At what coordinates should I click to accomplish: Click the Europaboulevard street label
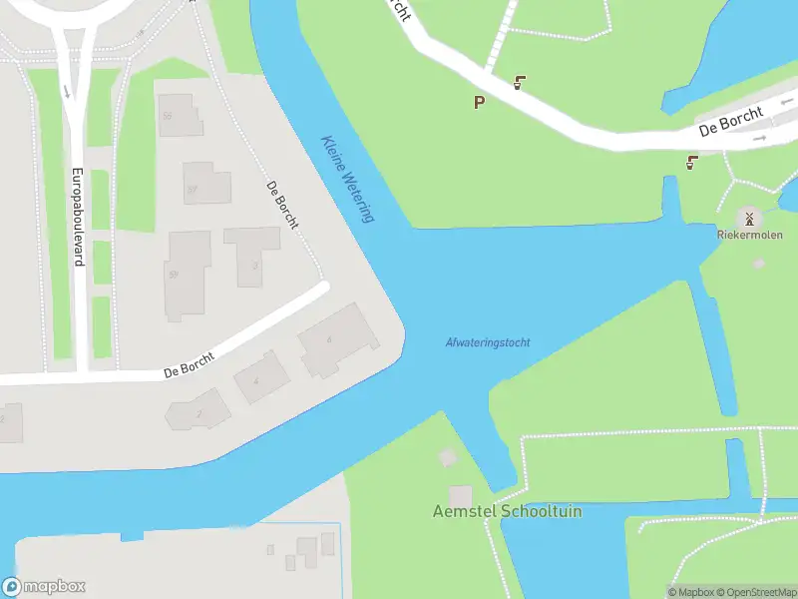coord(76,216)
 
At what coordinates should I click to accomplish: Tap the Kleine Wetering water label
coord(347,179)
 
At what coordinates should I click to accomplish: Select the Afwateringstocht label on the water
coord(487,342)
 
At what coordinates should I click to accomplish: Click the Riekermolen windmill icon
coord(749,218)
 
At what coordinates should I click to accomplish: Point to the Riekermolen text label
coord(749,236)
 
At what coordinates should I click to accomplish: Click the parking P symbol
coord(479,101)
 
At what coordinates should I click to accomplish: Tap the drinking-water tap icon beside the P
coord(519,83)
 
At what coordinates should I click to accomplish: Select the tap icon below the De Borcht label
coord(691,161)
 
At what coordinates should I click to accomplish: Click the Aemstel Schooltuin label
coord(507,511)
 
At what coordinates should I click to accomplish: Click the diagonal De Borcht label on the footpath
coord(282,205)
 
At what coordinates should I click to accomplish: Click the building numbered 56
coord(180,115)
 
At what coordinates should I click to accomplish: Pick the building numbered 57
coord(205,183)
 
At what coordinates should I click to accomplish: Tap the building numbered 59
coord(187,275)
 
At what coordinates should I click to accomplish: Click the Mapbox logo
coord(44,587)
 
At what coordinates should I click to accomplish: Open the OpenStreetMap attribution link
coord(754,592)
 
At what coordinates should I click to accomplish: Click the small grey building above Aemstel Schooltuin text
coord(460,495)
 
